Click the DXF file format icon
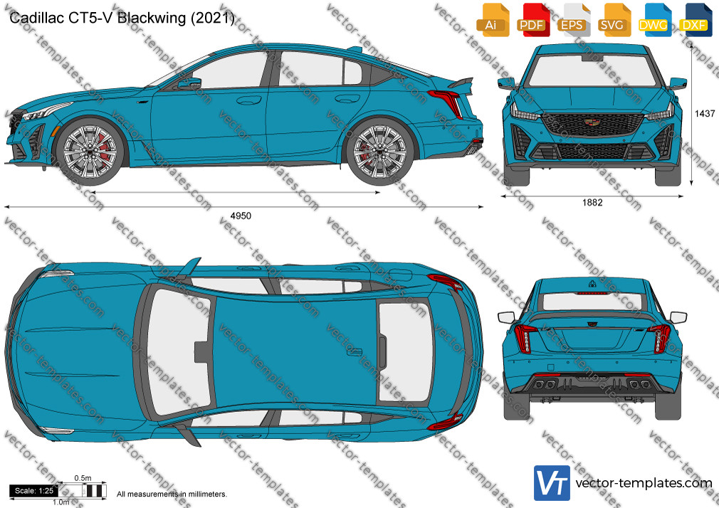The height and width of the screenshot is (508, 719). coord(696,20)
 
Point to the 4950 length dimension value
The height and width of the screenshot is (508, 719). coord(241,216)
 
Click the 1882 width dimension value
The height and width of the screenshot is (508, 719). coord(592,202)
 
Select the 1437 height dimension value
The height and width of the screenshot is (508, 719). coord(705,113)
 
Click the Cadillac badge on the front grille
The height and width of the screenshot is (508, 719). coord(591,122)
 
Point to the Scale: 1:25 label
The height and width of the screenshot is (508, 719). coord(34,491)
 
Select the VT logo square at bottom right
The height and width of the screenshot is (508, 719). coord(552,483)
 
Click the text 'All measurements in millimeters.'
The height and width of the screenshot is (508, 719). coord(172,494)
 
